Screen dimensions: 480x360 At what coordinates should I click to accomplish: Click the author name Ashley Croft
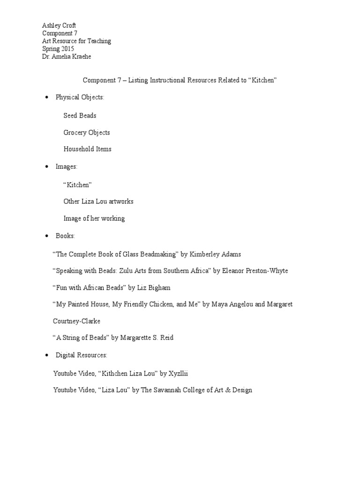point(60,26)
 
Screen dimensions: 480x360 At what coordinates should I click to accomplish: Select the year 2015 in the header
point(67,49)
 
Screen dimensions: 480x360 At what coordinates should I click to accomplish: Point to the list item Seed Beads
point(80,115)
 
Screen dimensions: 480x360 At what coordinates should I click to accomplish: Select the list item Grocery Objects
point(87,132)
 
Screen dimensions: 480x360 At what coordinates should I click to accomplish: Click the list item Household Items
point(87,149)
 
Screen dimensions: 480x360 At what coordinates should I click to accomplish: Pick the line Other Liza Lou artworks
point(98,201)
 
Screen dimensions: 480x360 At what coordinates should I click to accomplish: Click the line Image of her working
point(94,218)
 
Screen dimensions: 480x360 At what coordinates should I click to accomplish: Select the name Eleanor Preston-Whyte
point(255,271)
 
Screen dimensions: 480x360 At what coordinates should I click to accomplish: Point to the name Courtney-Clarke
point(77,321)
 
